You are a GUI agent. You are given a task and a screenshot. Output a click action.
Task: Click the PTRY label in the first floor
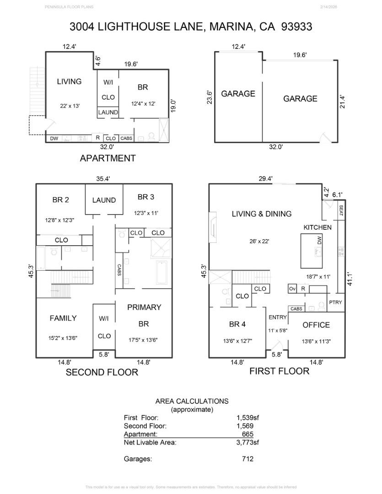[335, 303]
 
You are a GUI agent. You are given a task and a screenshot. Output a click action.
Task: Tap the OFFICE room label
[316, 325]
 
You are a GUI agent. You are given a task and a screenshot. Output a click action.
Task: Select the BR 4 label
[237, 324]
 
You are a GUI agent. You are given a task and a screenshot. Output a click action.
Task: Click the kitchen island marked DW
[313, 251]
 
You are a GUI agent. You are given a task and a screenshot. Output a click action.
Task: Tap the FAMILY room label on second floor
[63, 318]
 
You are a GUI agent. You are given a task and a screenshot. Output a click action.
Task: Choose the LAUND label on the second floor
[104, 200]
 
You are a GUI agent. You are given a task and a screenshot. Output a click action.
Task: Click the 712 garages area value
[247, 459]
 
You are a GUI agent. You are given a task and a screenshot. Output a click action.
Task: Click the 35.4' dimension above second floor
[104, 179]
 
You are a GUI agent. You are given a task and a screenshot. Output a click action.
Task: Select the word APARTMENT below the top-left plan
[108, 158]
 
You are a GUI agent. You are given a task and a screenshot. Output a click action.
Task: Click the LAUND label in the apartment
[108, 112]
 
